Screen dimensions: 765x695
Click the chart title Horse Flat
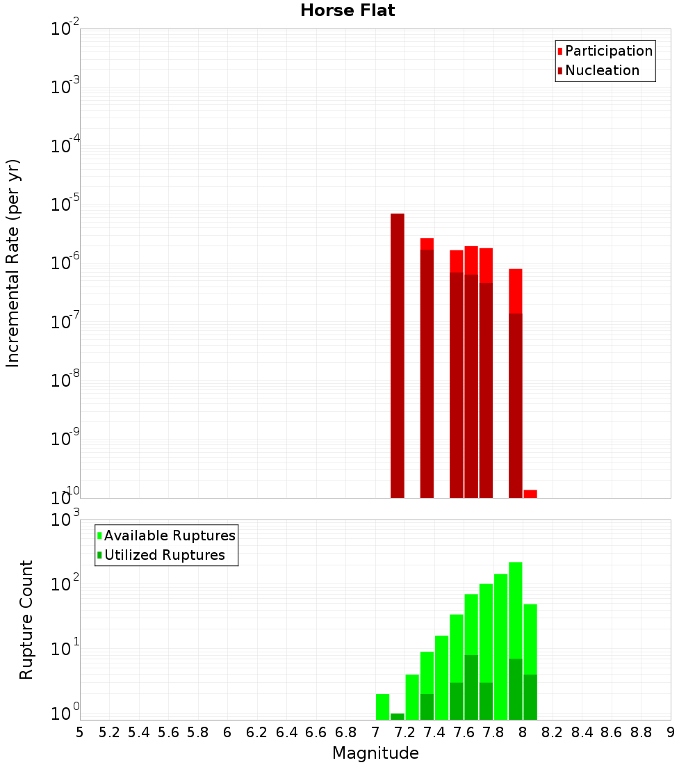click(x=347, y=10)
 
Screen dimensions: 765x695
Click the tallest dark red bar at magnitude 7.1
click(x=398, y=355)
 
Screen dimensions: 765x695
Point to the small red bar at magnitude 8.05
click(x=530, y=494)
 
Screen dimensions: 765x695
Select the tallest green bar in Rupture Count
click(x=516, y=640)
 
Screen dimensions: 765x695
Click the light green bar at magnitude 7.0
click(x=382, y=707)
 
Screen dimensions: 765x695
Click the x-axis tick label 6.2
click(x=256, y=732)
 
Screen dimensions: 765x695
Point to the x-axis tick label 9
click(x=671, y=732)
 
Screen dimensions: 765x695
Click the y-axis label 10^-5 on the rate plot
click(x=66, y=204)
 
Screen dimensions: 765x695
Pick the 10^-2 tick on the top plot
click(x=66, y=29)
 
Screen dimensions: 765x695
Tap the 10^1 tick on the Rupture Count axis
click(x=66, y=649)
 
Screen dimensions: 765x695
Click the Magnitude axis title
click(x=375, y=753)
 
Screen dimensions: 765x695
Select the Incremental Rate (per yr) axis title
click(x=14, y=263)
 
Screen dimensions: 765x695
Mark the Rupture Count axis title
click(x=26, y=620)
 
